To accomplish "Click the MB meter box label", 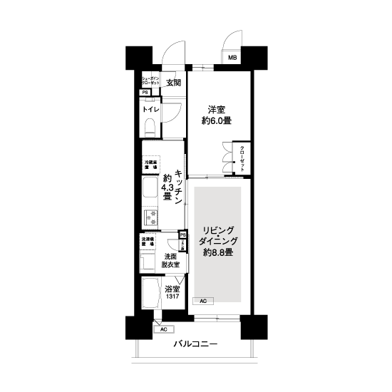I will coord(232,58).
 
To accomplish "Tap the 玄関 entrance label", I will coord(173,83).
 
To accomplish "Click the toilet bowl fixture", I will coord(150,127).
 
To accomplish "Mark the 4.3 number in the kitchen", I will coord(167,188).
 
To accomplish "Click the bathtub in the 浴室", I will coord(151,294).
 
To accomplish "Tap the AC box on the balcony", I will coord(163,330).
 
